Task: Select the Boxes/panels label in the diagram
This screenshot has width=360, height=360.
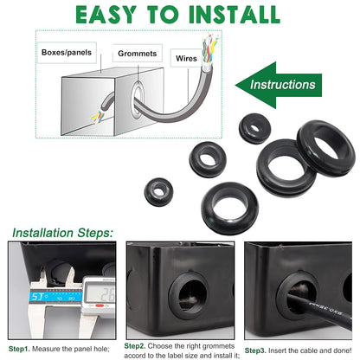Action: point(67,53)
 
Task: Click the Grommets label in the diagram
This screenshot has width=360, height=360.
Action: point(138,53)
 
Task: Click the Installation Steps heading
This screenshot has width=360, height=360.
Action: point(61,233)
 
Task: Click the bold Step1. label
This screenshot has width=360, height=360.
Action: point(22,349)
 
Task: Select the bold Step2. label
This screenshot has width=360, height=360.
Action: point(139,344)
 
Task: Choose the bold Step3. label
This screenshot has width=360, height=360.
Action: point(259,350)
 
